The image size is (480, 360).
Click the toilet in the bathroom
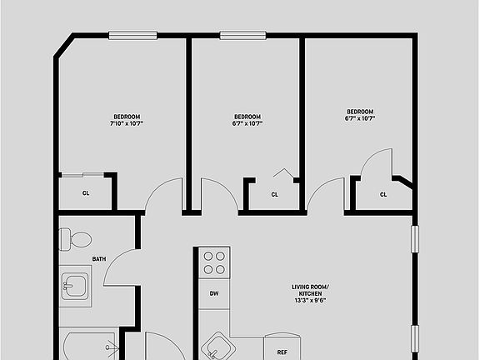77,239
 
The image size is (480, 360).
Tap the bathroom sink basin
76,287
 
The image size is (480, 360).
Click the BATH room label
99,259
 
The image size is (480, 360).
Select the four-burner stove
214,262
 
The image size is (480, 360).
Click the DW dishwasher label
214,293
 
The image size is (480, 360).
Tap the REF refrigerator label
282,352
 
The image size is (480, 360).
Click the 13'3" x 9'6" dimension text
309,300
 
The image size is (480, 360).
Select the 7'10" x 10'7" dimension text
127,123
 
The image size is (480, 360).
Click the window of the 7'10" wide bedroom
132,35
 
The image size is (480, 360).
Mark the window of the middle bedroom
243,35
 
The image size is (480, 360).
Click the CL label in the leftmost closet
86,193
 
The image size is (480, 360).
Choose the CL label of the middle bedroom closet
274,195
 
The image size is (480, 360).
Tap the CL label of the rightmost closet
383,195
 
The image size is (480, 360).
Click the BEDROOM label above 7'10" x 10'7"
127,116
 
